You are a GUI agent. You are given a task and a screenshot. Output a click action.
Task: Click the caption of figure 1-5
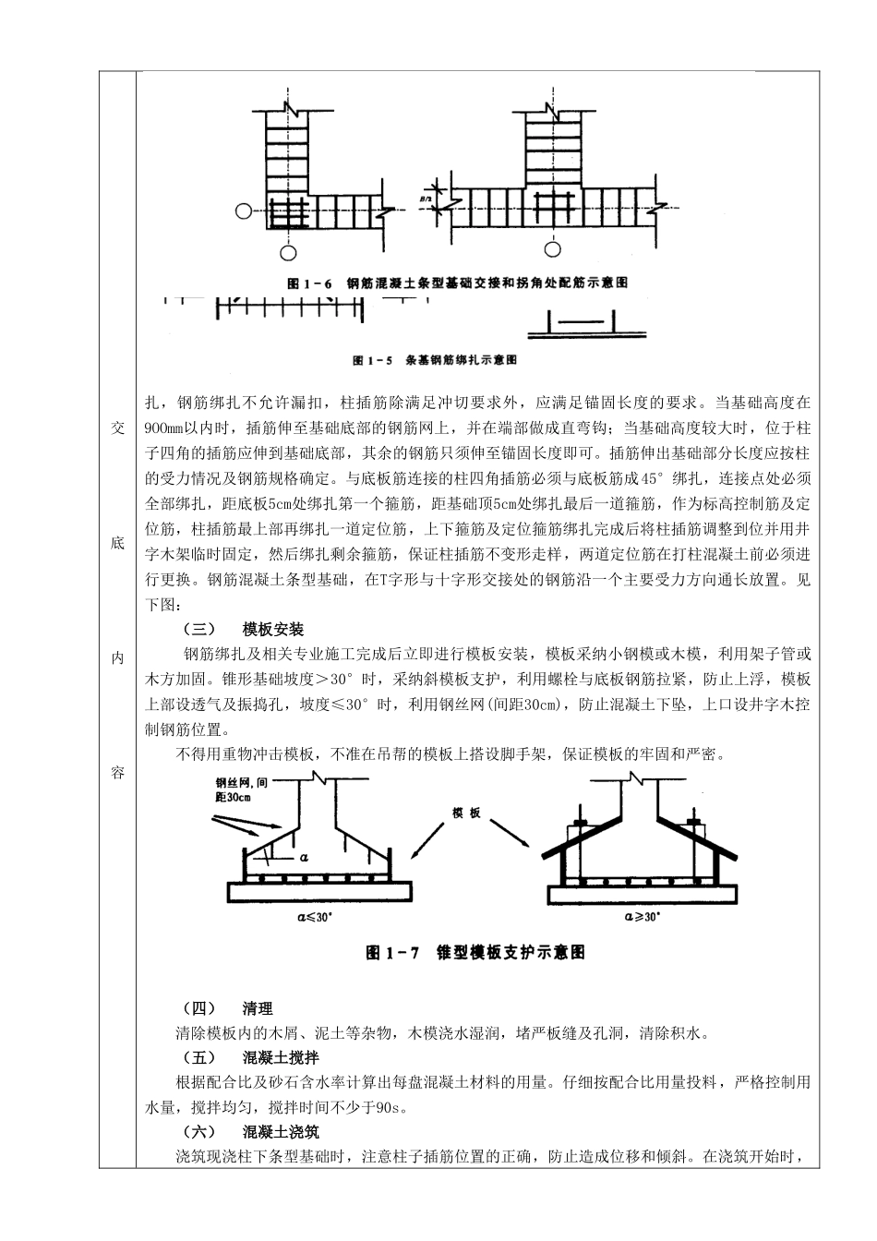pyautogui.click(x=435, y=357)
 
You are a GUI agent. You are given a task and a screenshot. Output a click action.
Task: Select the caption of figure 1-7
pyautogui.click(x=475, y=952)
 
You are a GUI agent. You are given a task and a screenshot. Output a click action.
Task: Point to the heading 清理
pyautogui.click(x=258, y=1009)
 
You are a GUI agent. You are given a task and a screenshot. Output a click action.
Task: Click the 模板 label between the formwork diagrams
pyautogui.click(x=465, y=813)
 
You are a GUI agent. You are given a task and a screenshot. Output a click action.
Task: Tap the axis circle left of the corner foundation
pyautogui.click(x=243, y=211)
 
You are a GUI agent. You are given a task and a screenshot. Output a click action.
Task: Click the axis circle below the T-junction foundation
pyautogui.click(x=553, y=248)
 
